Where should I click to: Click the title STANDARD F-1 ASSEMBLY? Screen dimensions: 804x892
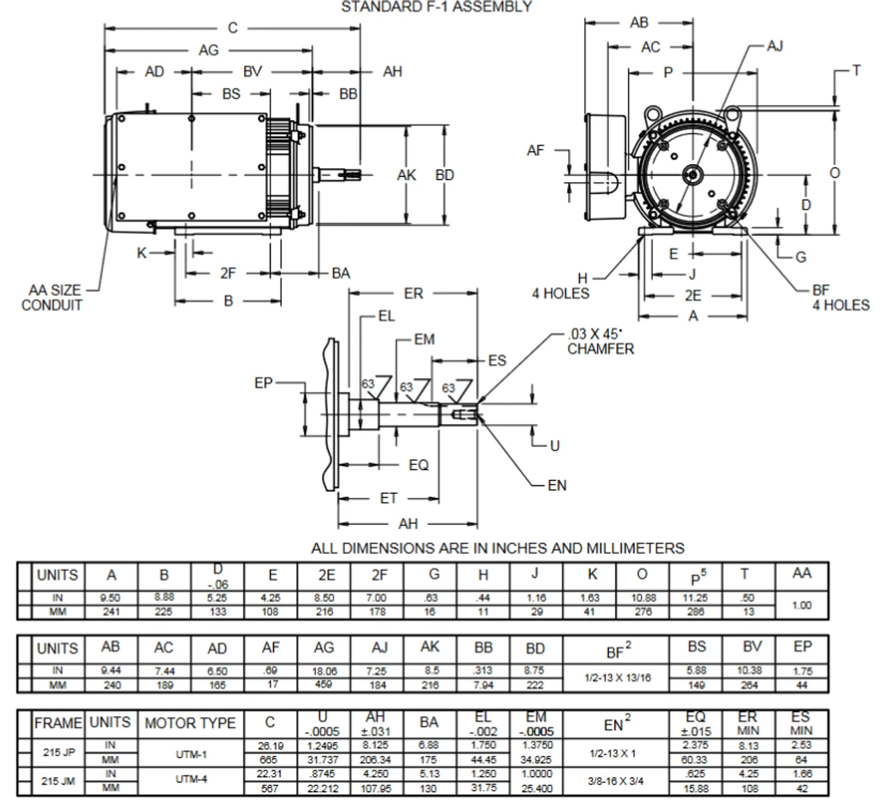[x=436, y=7]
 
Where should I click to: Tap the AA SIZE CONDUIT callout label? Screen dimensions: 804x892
[x=52, y=298]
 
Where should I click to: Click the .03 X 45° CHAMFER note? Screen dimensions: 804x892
[x=600, y=342]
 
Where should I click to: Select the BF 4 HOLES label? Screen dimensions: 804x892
[x=840, y=298]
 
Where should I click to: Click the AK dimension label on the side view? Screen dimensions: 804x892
[x=406, y=175]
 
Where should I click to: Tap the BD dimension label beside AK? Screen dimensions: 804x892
[x=445, y=175]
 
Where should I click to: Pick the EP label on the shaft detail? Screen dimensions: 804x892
[x=263, y=383]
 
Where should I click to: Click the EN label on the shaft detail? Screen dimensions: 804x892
[x=557, y=485]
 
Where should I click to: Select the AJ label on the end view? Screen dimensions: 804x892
[x=775, y=46]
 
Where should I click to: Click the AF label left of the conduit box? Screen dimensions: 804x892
[x=535, y=150]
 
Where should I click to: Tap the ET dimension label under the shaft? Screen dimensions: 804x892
[x=388, y=498]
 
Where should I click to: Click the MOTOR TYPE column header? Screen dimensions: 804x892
[x=190, y=723]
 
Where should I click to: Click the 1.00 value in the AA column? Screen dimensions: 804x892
[x=801, y=605]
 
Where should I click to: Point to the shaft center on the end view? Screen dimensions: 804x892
[x=692, y=174]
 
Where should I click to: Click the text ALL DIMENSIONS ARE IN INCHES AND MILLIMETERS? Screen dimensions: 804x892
[x=498, y=548]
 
